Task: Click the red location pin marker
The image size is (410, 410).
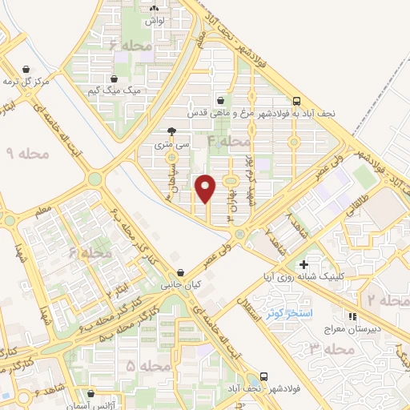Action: (x=207, y=187)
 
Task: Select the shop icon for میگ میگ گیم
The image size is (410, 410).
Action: (x=115, y=79)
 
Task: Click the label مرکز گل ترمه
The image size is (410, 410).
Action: (x=26, y=82)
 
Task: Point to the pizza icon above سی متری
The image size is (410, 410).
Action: (x=171, y=132)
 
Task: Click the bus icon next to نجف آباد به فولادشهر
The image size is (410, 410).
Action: (x=297, y=102)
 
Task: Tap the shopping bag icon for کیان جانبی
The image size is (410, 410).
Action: (x=183, y=272)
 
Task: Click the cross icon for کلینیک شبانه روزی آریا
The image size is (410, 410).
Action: (x=303, y=264)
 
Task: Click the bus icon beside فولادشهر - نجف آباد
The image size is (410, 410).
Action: (x=265, y=376)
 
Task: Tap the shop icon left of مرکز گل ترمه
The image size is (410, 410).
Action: (x=29, y=69)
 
